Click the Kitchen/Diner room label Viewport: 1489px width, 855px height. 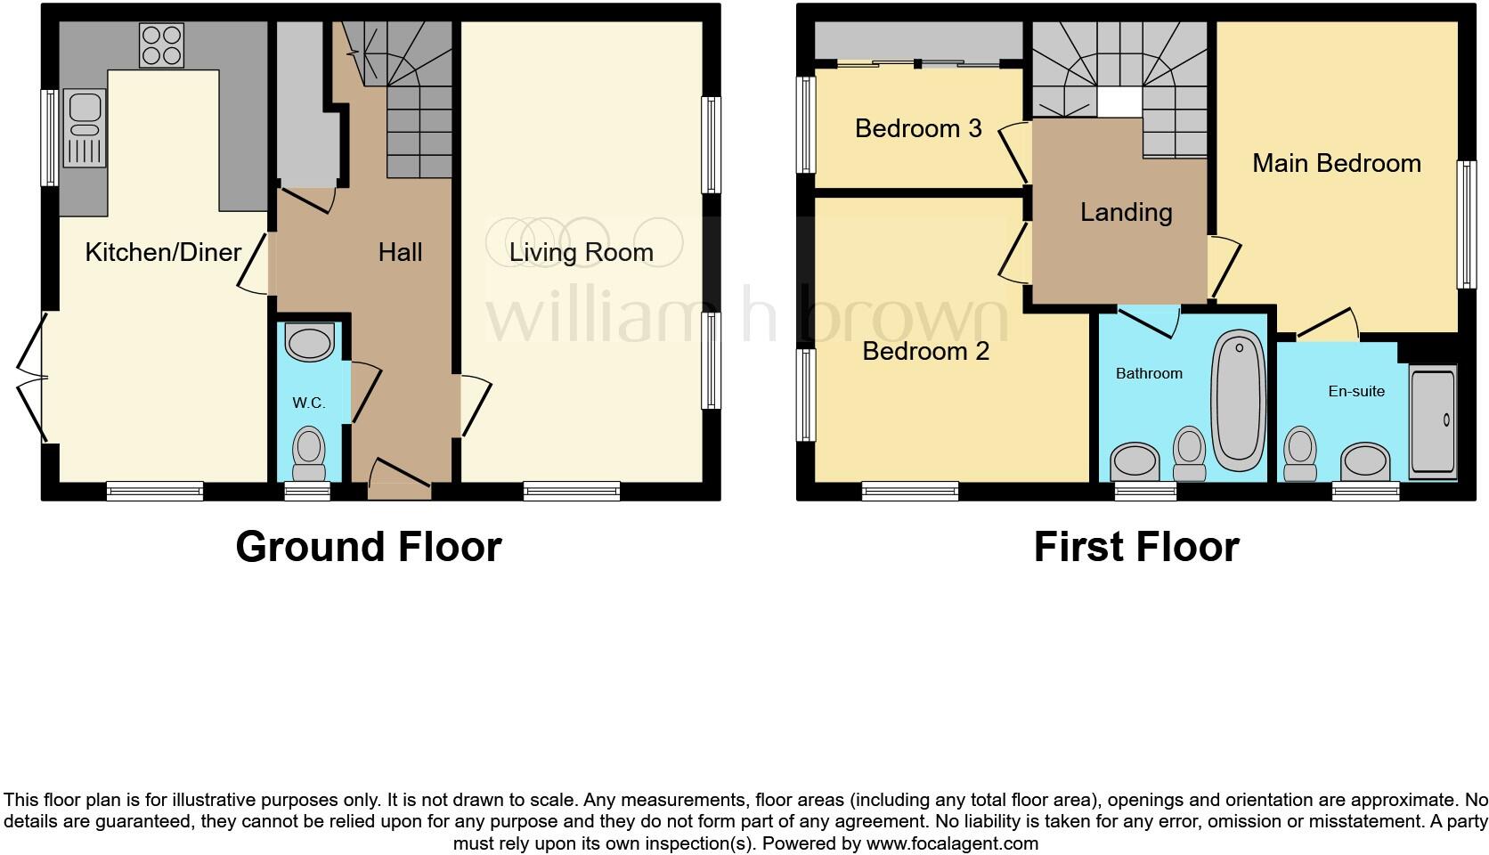[x=163, y=252]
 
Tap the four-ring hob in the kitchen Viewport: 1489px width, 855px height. [x=161, y=45]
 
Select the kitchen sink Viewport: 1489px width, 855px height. [x=85, y=128]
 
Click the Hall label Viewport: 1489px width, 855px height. [x=400, y=252]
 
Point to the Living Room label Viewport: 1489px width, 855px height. [x=581, y=252]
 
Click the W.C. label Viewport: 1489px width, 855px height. [x=308, y=403]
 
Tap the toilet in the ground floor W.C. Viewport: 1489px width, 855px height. [x=309, y=453]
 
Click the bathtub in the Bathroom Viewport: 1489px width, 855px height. [x=1239, y=400]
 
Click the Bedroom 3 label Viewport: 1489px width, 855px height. [x=918, y=128]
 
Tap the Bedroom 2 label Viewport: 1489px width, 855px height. [x=925, y=351]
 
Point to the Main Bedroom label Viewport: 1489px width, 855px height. [x=1336, y=163]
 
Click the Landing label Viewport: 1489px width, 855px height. [x=1126, y=212]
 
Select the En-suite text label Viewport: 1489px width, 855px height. [x=1355, y=390]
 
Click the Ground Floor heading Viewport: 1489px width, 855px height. [x=368, y=546]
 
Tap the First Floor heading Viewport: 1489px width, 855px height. [x=1135, y=546]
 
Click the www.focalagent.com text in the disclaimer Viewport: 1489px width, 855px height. [x=951, y=843]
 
